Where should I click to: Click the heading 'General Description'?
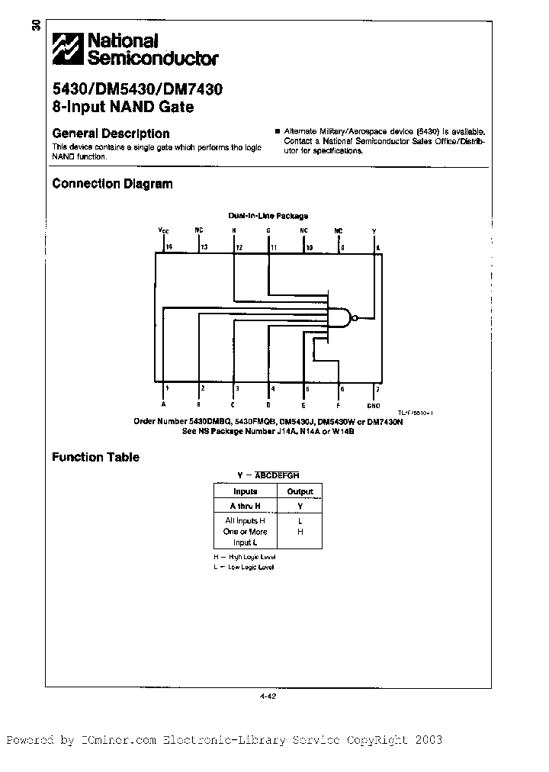[x=111, y=133]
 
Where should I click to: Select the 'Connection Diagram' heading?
[x=112, y=184]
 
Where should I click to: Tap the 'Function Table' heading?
[x=95, y=458]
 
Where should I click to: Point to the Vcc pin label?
[x=163, y=230]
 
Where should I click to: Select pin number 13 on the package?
[x=204, y=247]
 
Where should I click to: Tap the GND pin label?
[x=373, y=405]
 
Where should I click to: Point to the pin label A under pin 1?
[x=163, y=405]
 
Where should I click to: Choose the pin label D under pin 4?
[x=268, y=405]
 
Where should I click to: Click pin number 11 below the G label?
[x=273, y=247]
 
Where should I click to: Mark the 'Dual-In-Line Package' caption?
[x=268, y=216]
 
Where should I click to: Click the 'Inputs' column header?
[x=246, y=492]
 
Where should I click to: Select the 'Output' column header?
[x=300, y=492]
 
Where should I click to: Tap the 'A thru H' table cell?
[x=246, y=506]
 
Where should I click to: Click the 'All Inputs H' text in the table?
[x=246, y=520]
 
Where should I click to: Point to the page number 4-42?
[x=267, y=695]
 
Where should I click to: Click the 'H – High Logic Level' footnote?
[x=244, y=558]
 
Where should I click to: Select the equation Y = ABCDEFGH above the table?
[x=268, y=474]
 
